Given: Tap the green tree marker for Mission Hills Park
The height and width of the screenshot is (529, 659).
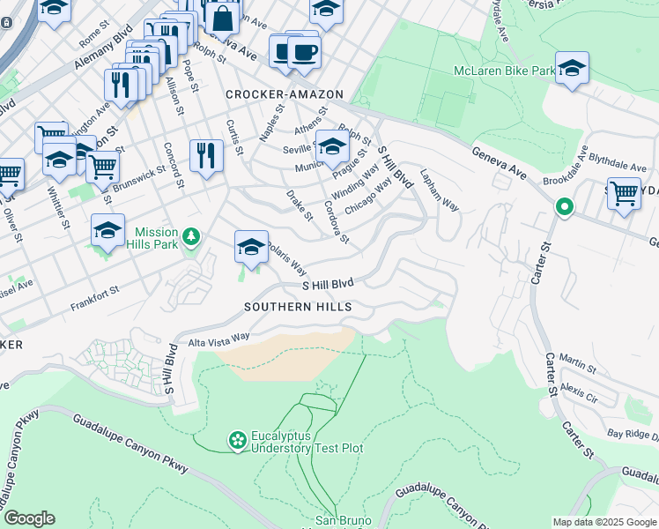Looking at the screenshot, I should (x=191, y=236).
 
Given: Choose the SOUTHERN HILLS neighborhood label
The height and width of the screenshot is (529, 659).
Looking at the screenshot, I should (x=299, y=307).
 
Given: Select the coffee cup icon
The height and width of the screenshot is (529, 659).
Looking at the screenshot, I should (x=304, y=52).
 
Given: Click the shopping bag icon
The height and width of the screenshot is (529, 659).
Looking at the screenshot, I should (x=223, y=17).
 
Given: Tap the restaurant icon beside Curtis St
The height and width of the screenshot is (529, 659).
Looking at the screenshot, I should (x=206, y=156).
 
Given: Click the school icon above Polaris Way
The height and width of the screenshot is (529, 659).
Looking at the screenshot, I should (x=251, y=248).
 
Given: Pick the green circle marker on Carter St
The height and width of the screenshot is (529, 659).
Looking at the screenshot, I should (x=564, y=207).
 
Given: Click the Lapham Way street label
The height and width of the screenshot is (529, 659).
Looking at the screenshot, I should (x=440, y=190).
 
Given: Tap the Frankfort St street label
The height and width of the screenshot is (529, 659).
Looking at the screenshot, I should (x=94, y=299).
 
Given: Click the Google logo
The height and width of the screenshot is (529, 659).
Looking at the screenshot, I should (x=29, y=518).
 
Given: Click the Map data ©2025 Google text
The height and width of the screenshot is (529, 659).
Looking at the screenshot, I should (x=604, y=522).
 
